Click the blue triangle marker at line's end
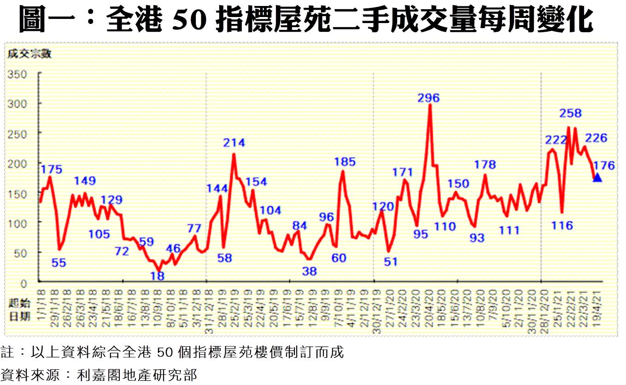point(597,177)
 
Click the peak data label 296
point(429,98)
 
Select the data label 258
point(571,113)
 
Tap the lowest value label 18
point(158,276)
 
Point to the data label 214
point(234,143)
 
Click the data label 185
point(345,162)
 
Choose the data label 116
point(562,226)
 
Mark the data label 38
point(310,271)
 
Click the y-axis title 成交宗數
point(29,54)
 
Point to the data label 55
point(59,263)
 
